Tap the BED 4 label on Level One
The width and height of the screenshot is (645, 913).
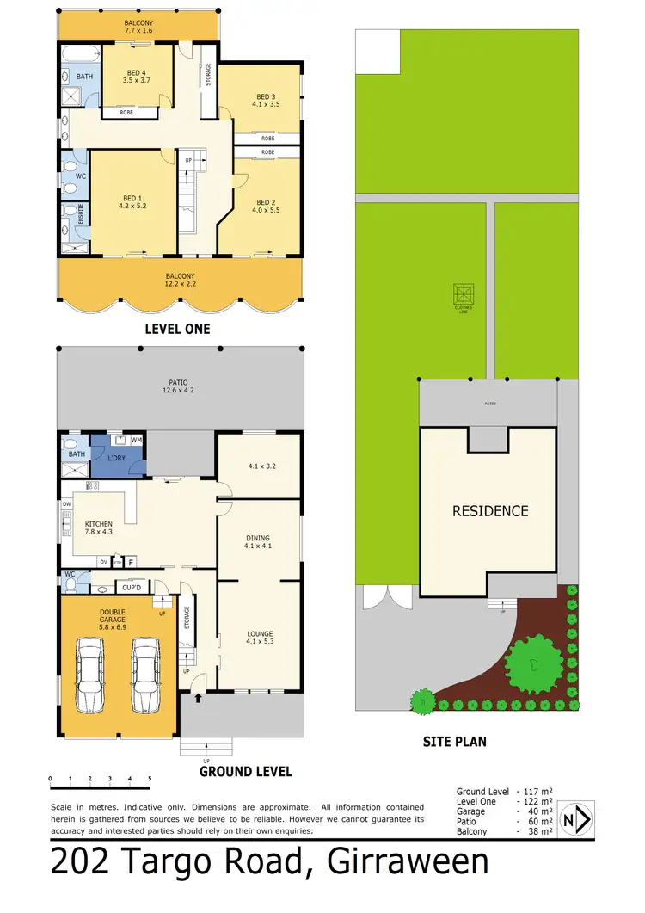point(137,74)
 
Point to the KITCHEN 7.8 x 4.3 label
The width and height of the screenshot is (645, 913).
point(98,527)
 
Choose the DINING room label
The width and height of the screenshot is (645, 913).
point(259,540)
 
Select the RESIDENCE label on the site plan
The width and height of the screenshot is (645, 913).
point(490,510)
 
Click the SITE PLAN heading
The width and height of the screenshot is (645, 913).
point(455,740)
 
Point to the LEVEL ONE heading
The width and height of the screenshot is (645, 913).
point(179,329)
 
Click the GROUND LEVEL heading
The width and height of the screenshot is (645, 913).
point(246,772)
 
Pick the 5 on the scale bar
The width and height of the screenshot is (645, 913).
point(150,778)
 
